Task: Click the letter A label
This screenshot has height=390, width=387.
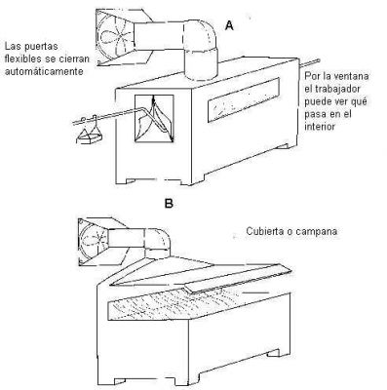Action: click(x=229, y=25)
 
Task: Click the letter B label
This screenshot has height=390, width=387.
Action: click(x=169, y=204)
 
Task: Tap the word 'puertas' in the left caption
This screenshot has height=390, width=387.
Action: click(x=42, y=46)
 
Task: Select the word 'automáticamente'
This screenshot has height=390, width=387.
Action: click(x=44, y=71)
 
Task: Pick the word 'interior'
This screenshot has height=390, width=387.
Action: click(x=320, y=127)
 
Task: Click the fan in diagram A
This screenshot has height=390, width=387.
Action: click(x=115, y=37)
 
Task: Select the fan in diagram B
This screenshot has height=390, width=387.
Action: click(x=94, y=241)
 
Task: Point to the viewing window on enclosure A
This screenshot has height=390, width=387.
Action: click(x=244, y=99)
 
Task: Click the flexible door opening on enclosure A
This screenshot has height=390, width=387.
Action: click(x=154, y=118)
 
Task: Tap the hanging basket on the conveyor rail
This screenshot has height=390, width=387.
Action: click(x=89, y=134)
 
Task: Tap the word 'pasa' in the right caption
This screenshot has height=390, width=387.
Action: click(x=315, y=114)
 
